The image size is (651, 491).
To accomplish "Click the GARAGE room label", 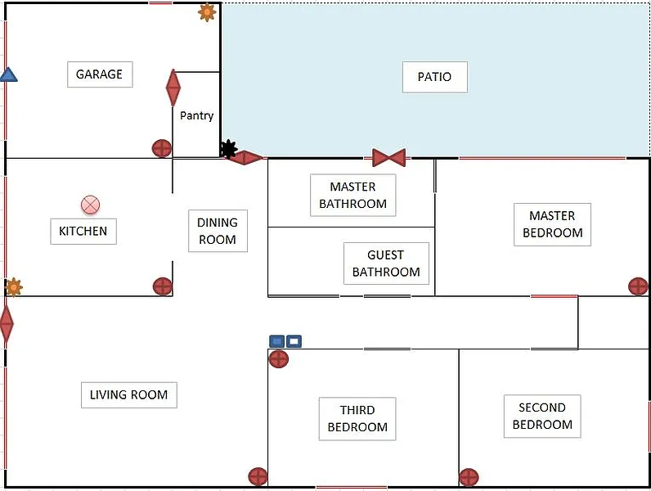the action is [100, 74].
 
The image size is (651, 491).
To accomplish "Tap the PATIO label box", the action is [435, 77].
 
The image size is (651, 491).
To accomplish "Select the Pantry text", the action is [197, 115].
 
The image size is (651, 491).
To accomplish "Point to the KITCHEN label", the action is [83, 231].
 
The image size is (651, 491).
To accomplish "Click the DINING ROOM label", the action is [218, 231].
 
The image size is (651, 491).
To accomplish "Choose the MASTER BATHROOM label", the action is [353, 196].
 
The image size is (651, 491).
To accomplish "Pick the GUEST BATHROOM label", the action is [386, 264].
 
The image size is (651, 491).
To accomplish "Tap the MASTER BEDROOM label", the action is [552, 224].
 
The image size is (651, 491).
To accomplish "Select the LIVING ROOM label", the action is [128, 394].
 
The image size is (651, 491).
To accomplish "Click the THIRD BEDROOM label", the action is [357, 419].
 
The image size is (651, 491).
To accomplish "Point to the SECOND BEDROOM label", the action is [542, 417].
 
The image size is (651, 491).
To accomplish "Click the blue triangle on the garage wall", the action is [8, 75].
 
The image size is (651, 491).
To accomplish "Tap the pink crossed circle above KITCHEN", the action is [90, 205].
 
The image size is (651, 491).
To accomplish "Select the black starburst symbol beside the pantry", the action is [228, 149].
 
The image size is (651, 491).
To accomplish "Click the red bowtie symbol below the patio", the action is [389, 158].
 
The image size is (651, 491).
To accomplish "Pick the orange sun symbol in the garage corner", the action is [207, 12].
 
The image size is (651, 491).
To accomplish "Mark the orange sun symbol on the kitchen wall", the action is [14, 287].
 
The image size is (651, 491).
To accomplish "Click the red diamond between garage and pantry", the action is [173, 88].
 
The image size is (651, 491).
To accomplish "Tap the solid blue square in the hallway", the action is [277, 341].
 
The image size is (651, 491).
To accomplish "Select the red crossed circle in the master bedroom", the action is [638, 286].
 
